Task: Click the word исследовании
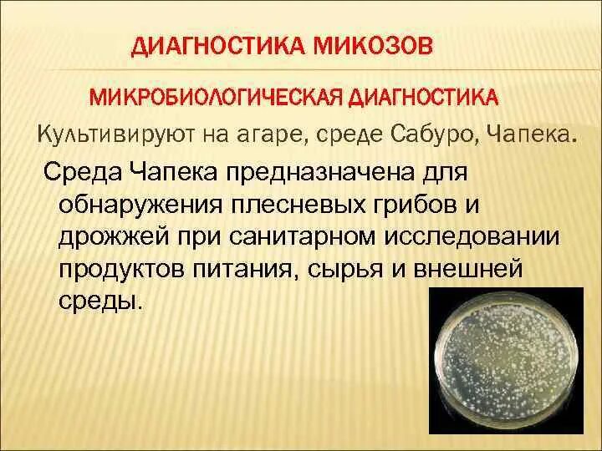pos(469,236)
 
